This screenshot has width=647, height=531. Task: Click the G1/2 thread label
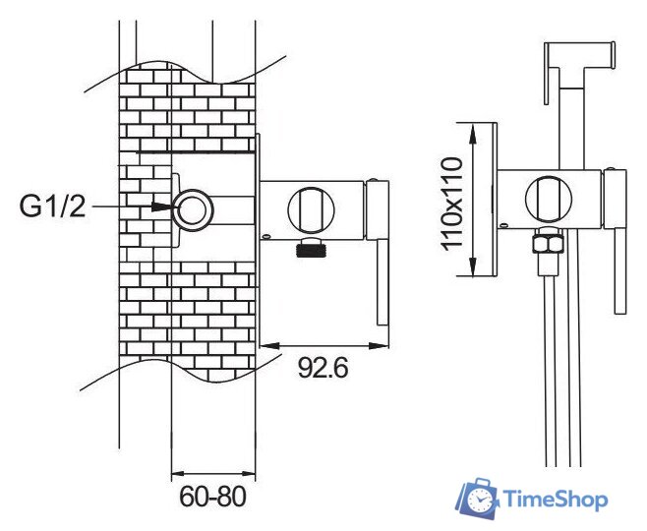click(52, 206)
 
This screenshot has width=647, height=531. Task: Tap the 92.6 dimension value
click(323, 369)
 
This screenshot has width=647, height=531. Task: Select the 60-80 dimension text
click(212, 497)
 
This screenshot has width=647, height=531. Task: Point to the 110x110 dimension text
click(452, 204)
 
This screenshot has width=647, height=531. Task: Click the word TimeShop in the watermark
click(556, 500)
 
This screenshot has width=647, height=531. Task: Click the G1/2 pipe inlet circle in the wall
click(193, 210)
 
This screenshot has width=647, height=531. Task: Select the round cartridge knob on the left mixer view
click(311, 209)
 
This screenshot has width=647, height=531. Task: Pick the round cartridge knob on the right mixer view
click(549, 199)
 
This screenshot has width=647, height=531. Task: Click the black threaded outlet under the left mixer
click(312, 248)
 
